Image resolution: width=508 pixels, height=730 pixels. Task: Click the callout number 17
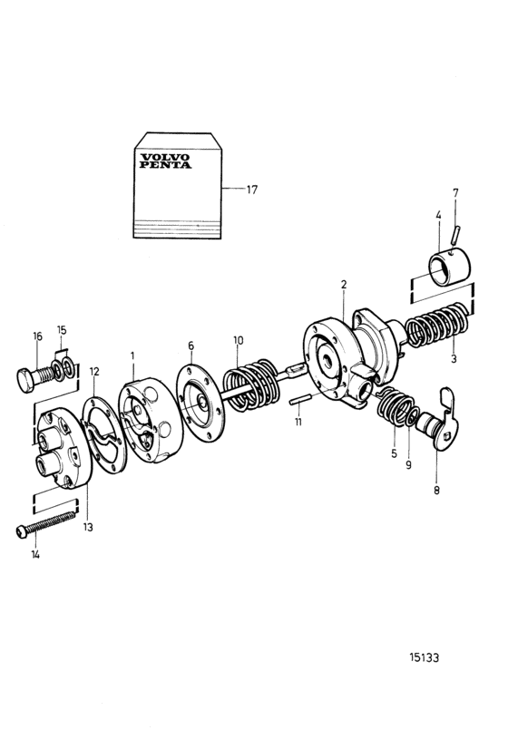tap(251, 190)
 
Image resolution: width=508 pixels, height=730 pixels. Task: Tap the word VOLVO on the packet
tap(165, 158)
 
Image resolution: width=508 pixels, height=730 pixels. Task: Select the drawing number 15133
tap(425, 657)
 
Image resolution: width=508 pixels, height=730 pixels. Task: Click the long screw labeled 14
tap(45, 523)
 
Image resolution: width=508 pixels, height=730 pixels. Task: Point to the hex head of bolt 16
tap(26, 379)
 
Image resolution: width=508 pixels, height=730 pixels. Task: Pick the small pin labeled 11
tap(299, 400)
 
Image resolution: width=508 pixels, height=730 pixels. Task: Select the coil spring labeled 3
tap(437, 326)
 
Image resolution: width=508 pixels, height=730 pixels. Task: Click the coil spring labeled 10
tap(252, 385)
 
